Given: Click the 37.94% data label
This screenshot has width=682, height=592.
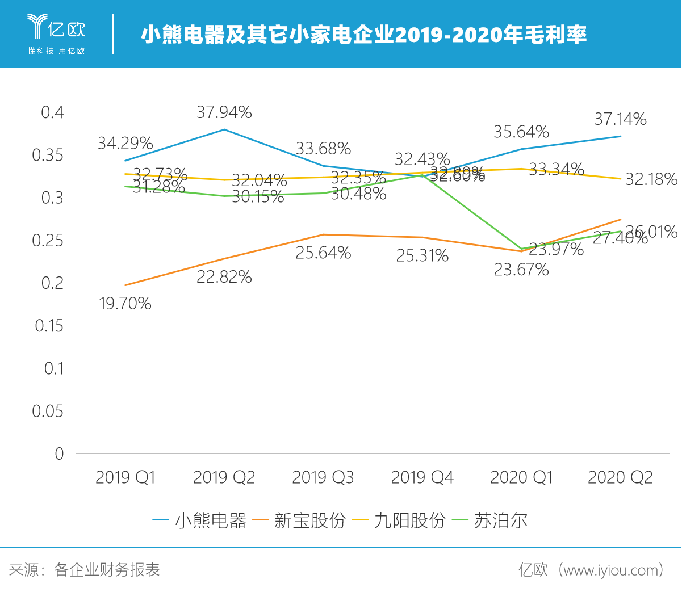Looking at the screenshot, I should (x=224, y=112).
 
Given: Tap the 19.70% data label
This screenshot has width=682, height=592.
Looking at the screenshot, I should (x=125, y=304).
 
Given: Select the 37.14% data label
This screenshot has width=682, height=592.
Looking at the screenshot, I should (x=620, y=119).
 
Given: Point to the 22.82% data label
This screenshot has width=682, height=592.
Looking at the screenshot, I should (x=224, y=277).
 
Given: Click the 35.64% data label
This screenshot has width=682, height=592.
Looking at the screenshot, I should (x=521, y=132).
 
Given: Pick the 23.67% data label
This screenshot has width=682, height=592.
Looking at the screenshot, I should (x=521, y=270).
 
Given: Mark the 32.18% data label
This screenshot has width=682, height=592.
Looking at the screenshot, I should (x=651, y=179).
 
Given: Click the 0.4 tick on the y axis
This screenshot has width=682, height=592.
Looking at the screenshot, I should (x=52, y=112).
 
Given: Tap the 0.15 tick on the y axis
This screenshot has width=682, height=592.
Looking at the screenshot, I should (x=49, y=326).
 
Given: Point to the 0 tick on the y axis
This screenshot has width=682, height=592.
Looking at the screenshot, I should (x=59, y=454).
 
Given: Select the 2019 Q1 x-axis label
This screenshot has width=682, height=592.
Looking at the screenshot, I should (x=125, y=477).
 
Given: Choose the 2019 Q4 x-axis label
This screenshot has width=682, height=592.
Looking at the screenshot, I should (x=422, y=477).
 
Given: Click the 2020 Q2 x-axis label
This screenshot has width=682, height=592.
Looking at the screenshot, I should (x=620, y=477).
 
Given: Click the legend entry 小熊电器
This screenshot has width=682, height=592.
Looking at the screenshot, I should (x=210, y=520).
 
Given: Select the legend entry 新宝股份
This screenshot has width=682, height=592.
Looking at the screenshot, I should (x=309, y=520).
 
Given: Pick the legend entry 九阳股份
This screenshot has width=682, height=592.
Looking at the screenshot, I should (x=409, y=520).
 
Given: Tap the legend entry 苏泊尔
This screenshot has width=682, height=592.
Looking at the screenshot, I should (x=500, y=520).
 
